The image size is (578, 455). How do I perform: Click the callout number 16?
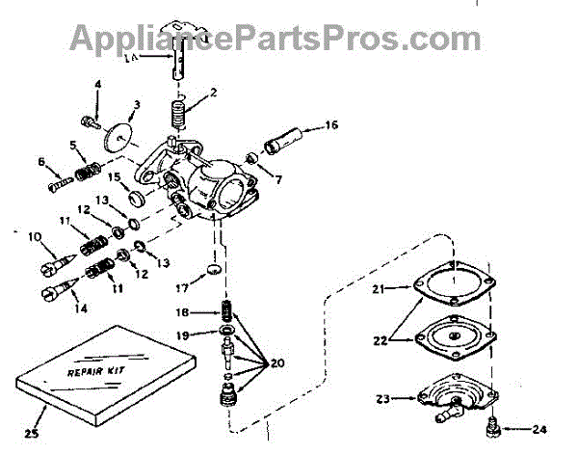pyautogui.click(x=331, y=124)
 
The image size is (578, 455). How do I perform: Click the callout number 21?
pyautogui.click(x=379, y=288)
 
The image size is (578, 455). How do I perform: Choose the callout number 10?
pyautogui.click(x=35, y=236)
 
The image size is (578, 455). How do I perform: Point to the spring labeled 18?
pyautogui.click(x=228, y=312)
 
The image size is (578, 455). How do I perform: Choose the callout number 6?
pyautogui.click(x=42, y=161)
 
